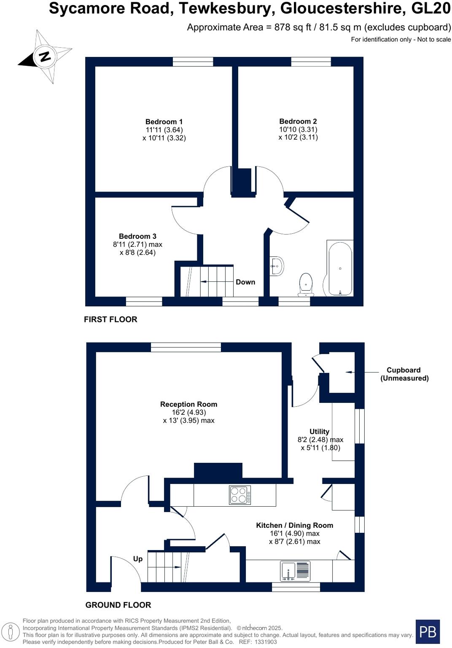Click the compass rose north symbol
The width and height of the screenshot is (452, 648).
pyautogui.click(x=45, y=57)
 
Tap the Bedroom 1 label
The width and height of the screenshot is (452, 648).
pyautogui.click(x=164, y=122)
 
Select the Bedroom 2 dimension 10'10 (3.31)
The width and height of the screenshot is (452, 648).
pyautogui.click(x=298, y=130)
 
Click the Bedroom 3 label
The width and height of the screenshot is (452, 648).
pyautogui.click(x=137, y=236)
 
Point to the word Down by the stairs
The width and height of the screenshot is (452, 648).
pyautogui.click(x=245, y=282)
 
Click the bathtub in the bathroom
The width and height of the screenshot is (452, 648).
pyautogui.click(x=340, y=269)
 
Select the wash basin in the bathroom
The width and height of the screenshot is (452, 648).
pyautogui.click(x=277, y=266)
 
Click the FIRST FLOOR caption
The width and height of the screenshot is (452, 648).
pyautogui.click(x=110, y=319)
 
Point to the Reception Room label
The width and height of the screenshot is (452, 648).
pyautogui.click(x=188, y=404)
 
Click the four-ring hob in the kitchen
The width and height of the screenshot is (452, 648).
pyautogui.click(x=240, y=495)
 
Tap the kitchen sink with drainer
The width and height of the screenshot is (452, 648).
pyautogui.click(x=296, y=571)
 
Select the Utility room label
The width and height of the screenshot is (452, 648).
pyautogui.click(x=319, y=432)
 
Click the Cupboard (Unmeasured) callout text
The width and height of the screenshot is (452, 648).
pyautogui.click(x=404, y=374)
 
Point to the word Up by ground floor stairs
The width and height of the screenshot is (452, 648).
pyautogui.click(x=138, y=559)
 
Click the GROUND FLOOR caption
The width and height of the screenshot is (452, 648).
pyautogui.click(x=118, y=605)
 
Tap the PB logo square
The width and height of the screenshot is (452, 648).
pyautogui.click(x=428, y=632)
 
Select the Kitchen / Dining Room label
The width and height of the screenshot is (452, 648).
pyautogui.click(x=294, y=525)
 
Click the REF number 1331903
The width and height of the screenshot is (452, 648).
pyautogui.click(x=264, y=642)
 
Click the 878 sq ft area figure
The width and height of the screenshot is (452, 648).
pyautogui.click(x=293, y=27)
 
